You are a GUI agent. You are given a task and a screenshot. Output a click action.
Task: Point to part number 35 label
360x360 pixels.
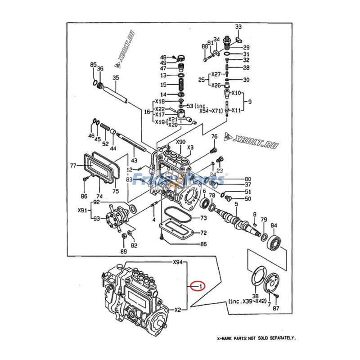point(115,78)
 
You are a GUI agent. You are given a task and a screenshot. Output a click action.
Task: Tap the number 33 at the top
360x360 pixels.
point(238,27)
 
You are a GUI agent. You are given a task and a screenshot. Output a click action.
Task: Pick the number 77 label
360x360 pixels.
point(73,166)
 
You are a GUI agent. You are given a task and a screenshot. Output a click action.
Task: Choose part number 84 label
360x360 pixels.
point(274,225)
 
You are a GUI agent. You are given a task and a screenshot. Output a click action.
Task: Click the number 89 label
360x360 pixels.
point(123,251)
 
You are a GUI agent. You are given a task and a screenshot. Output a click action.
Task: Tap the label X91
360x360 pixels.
point(82,210)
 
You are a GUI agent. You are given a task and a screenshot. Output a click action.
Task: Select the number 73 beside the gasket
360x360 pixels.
point(203,218)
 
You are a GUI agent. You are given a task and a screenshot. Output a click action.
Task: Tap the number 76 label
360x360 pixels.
point(214,136)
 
